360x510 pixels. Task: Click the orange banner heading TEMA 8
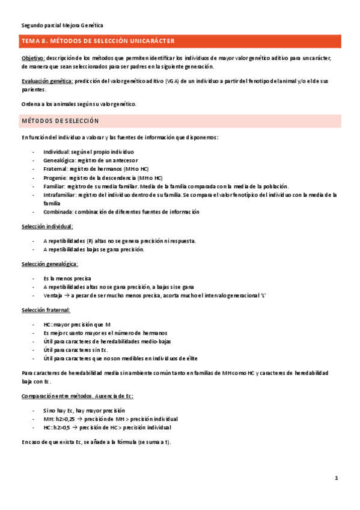(98, 41)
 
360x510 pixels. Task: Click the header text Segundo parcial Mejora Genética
(62, 25)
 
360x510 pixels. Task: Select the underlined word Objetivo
(33, 58)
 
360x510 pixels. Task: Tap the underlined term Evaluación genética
(47, 81)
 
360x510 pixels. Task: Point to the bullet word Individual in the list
(56, 152)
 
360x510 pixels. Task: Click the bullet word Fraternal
(56, 169)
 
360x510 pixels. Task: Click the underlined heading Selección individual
(47, 227)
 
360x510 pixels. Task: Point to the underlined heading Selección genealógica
(50, 264)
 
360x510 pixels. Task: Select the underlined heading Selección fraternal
(46, 310)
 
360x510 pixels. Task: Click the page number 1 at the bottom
(337, 478)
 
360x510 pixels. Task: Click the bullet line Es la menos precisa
(67, 278)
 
